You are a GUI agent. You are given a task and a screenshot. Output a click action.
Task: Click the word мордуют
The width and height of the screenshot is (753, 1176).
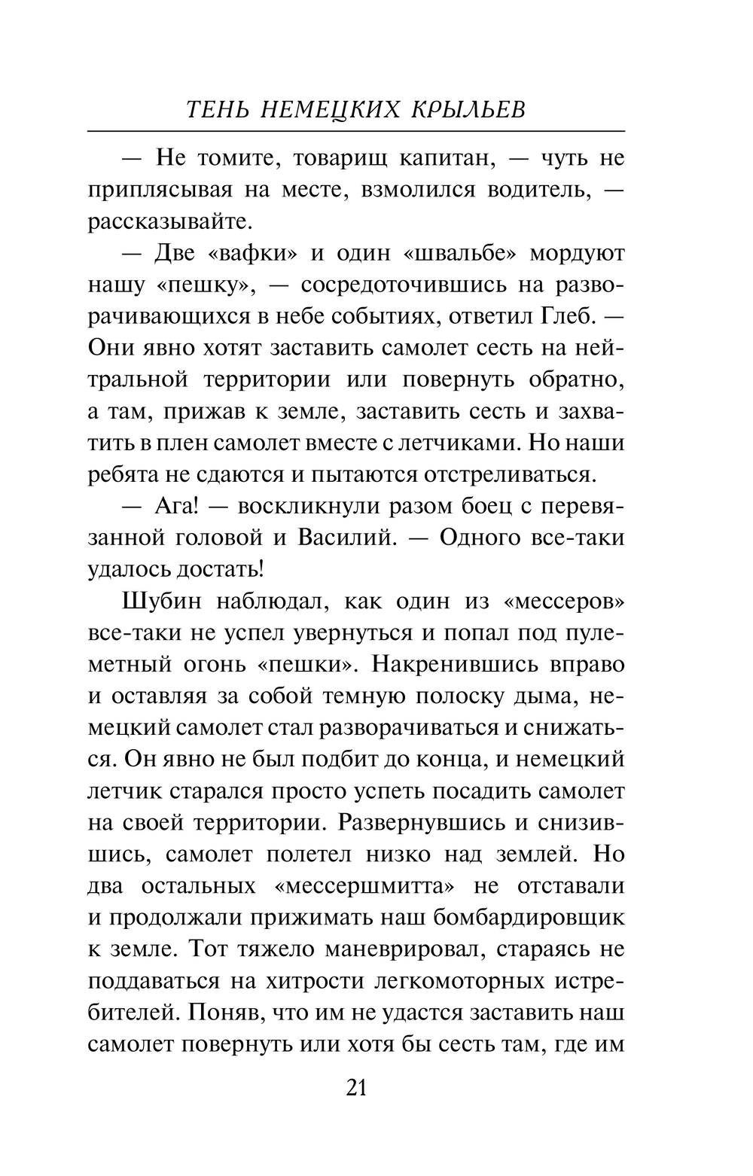[577, 254]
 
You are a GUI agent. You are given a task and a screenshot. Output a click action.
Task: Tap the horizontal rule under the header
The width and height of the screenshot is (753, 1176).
[356, 131]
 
